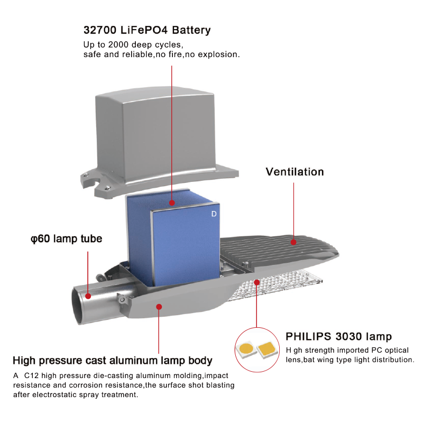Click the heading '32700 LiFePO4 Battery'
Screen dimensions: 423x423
tap(147, 30)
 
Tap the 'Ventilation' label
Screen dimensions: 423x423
tap(295, 172)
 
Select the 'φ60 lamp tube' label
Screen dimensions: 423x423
tap(67, 239)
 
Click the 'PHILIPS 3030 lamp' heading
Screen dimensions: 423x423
tap(338, 336)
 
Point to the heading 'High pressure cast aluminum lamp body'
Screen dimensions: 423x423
tap(113, 361)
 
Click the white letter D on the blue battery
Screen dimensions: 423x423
tap(214, 214)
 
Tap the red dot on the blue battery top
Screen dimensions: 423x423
tap(172, 203)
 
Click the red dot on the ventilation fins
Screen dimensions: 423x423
tap(293, 242)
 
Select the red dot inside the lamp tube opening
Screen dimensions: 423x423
tap(88, 296)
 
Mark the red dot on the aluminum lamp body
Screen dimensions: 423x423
tap(159, 307)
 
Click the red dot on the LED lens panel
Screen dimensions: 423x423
tap(257, 282)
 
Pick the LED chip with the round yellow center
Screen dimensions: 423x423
tap(246, 350)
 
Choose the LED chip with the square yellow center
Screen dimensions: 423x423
tap(267, 349)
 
